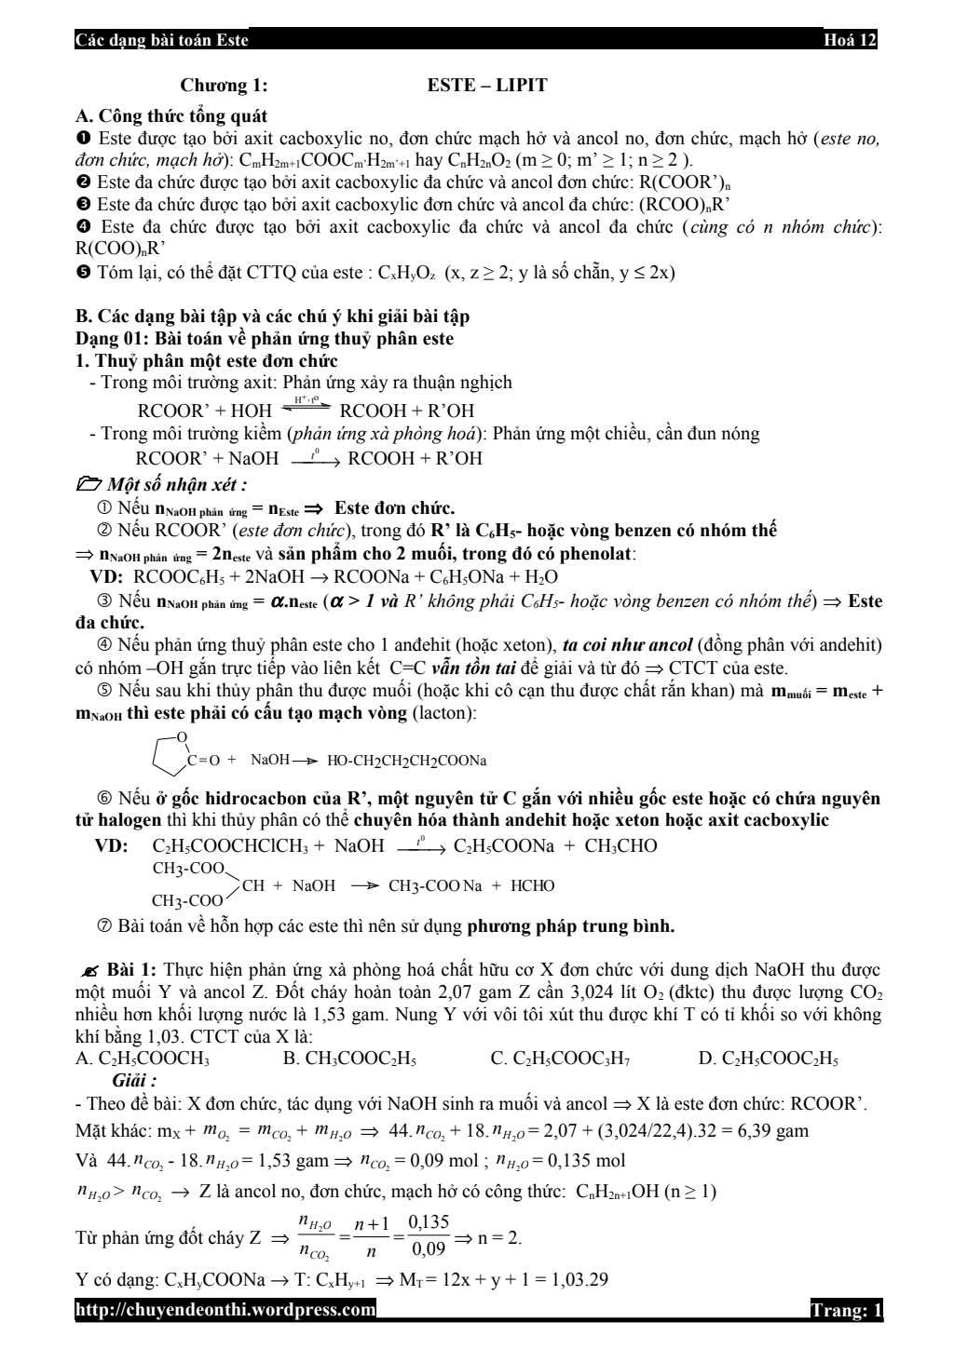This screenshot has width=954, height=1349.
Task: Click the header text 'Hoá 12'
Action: point(850,41)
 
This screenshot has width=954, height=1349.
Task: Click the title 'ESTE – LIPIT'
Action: point(487,86)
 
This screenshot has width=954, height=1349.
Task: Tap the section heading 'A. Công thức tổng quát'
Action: point(170,116)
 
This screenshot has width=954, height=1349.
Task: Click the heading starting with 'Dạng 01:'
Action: point(264,339)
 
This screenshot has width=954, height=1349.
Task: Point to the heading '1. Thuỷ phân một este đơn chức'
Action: point(206,360)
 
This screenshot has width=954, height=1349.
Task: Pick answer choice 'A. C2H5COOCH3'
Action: point(142,1059)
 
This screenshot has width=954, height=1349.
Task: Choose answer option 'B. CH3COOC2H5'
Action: point(348,1059)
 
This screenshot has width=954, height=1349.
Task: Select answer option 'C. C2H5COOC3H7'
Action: point(559,1059)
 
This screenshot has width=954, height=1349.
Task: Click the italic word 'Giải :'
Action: point(133,1081)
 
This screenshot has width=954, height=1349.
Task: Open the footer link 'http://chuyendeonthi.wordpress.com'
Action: point(225,1311)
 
